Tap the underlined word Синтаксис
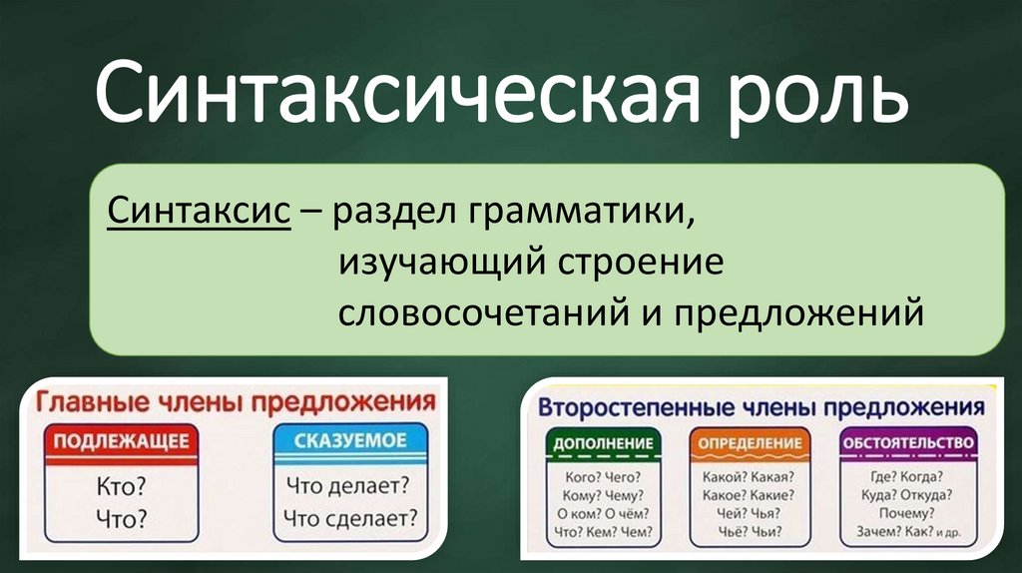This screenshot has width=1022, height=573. (200, 212)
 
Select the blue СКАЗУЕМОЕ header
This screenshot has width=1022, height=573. (350, 441)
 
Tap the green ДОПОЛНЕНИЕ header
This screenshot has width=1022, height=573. (598, 442)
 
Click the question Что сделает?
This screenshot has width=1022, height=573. (350, 518)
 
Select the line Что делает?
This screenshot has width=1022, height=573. (350, 487)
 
